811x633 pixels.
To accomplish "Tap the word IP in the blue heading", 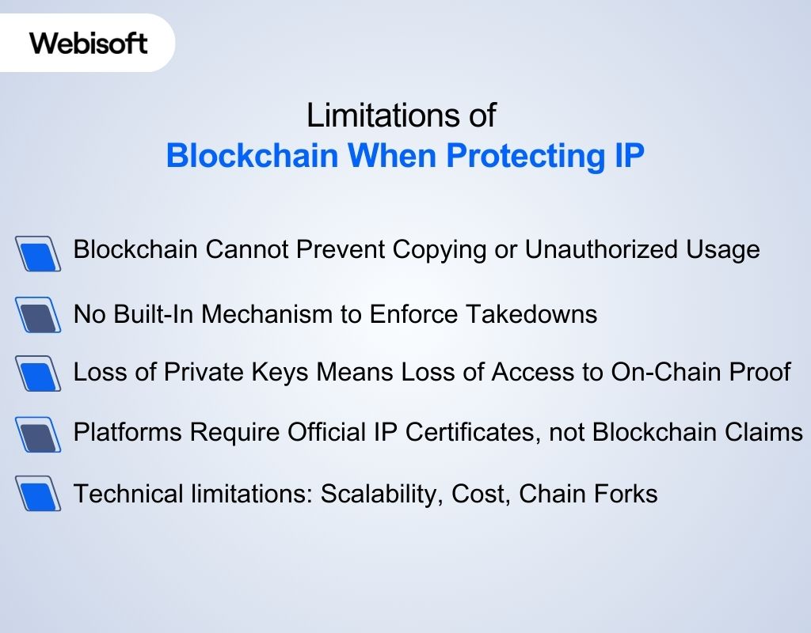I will click(x=629, y=156).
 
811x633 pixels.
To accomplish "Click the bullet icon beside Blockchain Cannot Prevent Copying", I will click(x=38, y=253).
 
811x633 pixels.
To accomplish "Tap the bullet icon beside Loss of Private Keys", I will click(x=38, y=373).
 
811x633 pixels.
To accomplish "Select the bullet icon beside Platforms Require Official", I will click(x=38, y=434).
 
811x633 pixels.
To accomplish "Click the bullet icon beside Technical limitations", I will click(x=38, y=495).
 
